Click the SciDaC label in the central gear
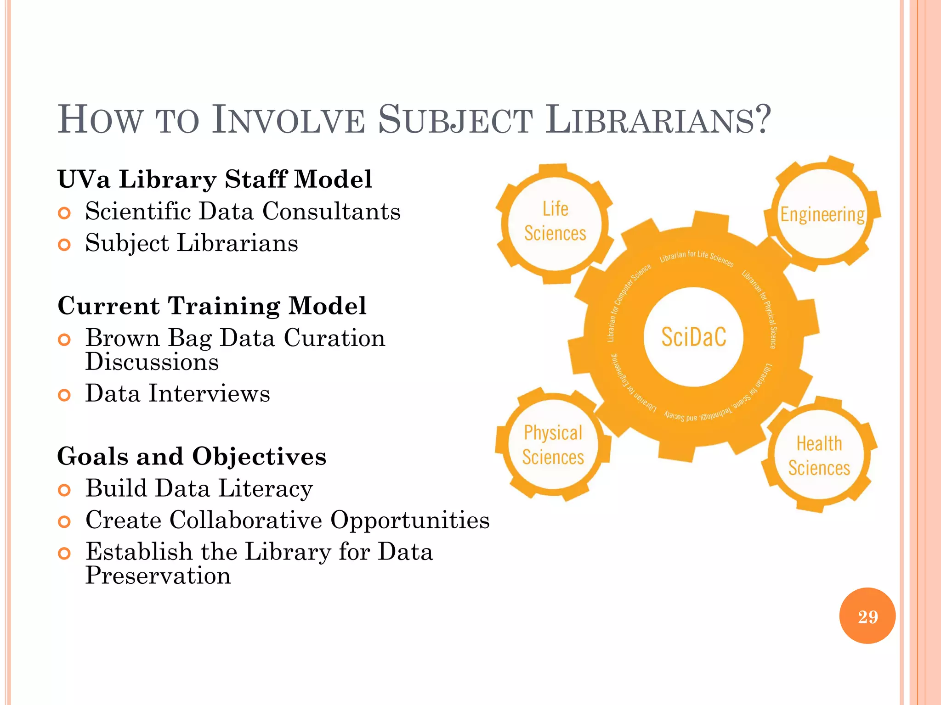click(694, 337)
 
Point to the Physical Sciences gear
click(553, 445)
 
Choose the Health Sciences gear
click(819, 456)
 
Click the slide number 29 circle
click(867, 616)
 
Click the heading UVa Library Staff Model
click(215, 179)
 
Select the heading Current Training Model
click(212, 306)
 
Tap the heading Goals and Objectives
click(192, 456)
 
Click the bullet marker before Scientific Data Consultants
click(64, 213)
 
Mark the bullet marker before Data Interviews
click(64, 395)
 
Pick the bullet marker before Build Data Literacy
click(64, 490)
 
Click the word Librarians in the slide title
click(657, 120)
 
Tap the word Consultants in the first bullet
click(331, 212)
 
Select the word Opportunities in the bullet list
click(410, 520)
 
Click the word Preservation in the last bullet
click(158, 576)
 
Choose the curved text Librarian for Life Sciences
click(696, 257)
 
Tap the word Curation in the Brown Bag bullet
click(334, 338)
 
